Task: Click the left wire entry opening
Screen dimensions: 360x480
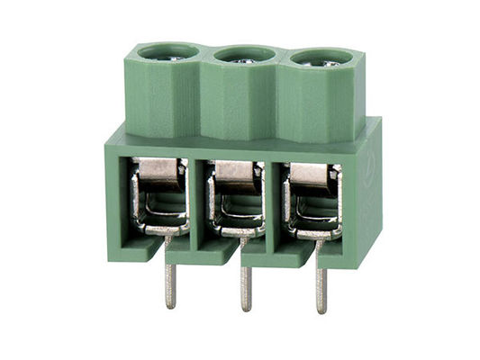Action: coord(159,198)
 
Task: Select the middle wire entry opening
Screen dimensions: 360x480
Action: coord(235,200)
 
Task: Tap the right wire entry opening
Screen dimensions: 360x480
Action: coord(312,202)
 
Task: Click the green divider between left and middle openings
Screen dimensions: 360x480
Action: coord(198,202)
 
